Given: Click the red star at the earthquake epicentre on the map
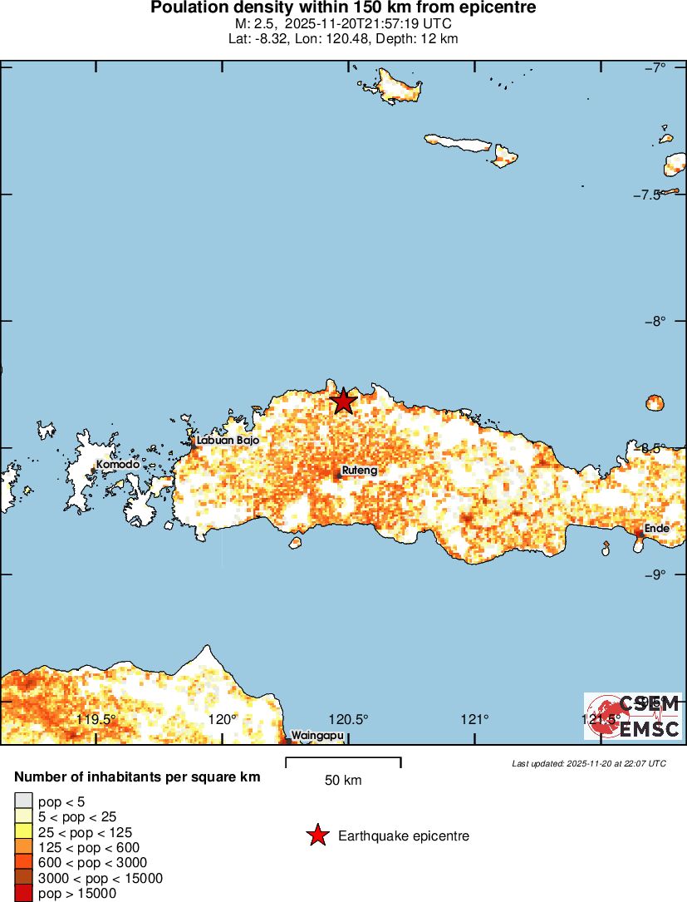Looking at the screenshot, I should (343, 401).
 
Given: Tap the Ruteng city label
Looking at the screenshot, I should (359, 471).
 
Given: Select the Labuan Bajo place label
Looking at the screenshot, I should (228, 441).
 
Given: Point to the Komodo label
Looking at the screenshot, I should (117, 465).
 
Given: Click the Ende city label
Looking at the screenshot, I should (656, 528).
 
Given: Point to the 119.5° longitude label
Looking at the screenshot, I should (96, 719).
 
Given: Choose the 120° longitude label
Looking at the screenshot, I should (222, 719).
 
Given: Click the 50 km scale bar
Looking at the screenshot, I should (343, 761).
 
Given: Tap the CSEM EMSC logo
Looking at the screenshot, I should (633, 716).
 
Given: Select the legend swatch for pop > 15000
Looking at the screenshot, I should (23, 894).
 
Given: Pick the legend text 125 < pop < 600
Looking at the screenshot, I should (89, 847).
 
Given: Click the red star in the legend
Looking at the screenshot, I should (317, 835).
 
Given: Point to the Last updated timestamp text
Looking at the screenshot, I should (588, 763).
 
